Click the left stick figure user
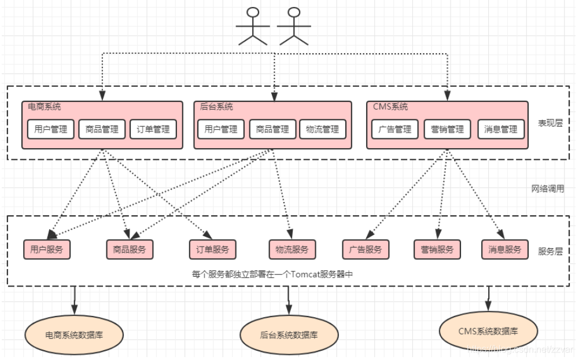pos(253,26)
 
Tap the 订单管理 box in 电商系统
pos(153,130)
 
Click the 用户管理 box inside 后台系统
pos(221,130)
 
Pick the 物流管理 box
pos(322,130)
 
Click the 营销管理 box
pos(447,130)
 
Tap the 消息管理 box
pos(501,130)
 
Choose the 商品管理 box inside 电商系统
pos(102,130)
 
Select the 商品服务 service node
pos(130,249)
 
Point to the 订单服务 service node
pos(213,249)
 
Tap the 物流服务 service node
pos(292,249)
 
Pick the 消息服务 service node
pos(504,249)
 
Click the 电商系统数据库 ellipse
pos(74,335)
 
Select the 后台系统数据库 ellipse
pos(288,335)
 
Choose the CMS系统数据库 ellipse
pos(488,332)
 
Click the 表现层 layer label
pos(550,123)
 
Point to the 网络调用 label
pos(548,189)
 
